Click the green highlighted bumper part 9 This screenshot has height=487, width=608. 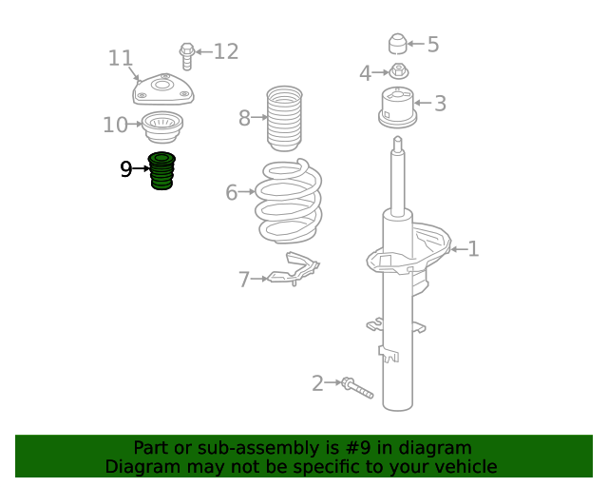161,171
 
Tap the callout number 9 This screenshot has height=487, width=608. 126,169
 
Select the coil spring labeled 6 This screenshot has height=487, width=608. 289,201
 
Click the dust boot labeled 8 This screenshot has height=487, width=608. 284,119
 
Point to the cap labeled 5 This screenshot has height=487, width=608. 397,44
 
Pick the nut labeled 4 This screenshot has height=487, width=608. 398,71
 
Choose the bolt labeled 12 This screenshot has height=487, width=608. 187,56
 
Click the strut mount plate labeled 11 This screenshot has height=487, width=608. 163,88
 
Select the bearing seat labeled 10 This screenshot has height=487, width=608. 162,127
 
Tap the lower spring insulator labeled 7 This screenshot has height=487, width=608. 293,269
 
